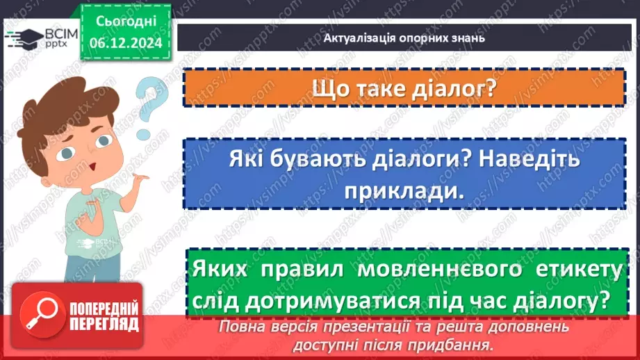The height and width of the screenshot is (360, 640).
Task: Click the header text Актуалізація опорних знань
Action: [404, 38]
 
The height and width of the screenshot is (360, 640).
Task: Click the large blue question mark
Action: [151, 104]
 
